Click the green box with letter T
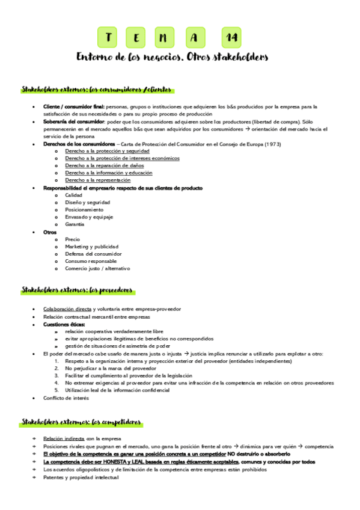click(x=109, y=37)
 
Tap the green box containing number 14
click(x=231, y=37)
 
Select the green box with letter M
click(x=164, y=37)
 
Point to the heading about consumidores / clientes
click(x=97, y=90)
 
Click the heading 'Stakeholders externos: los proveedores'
click(x=77, y=290)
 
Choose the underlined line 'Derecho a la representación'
click(x=97, y=180)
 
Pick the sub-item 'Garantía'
click(x=75, y=224)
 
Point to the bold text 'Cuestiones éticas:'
click(x=64, y=324)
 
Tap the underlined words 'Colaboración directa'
click(x=67, y=309)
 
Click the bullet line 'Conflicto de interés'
click(x=66, y=398)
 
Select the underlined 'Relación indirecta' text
click(x=64, y=438)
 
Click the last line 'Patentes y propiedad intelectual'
click(x=81, y=478)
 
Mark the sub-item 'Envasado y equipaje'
click(x=89, y=217)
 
